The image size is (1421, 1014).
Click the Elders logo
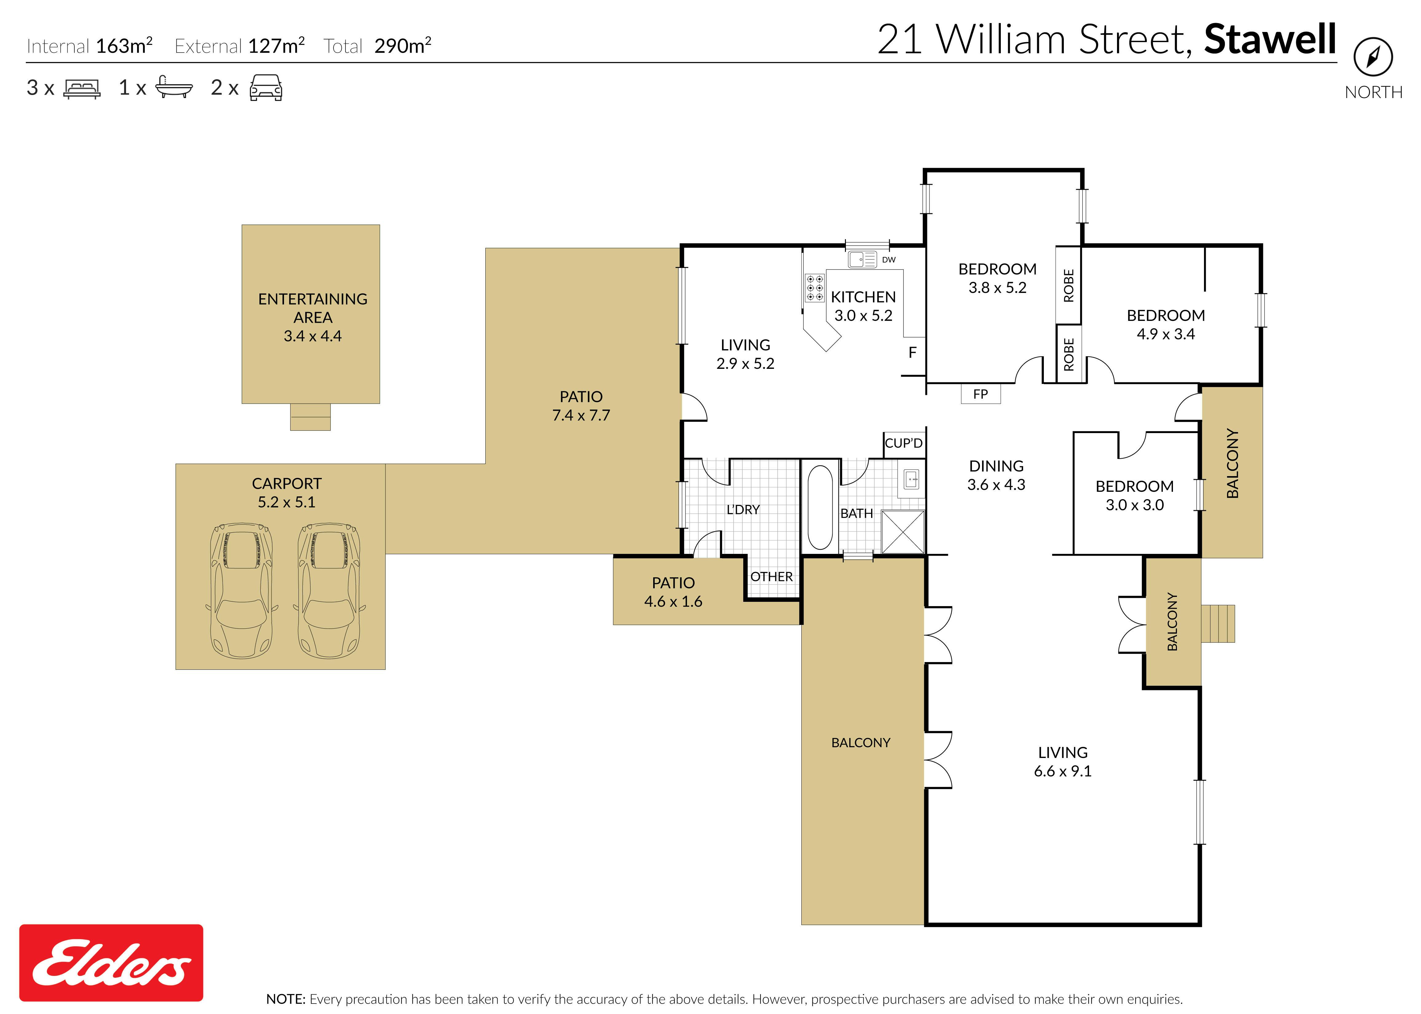[111, 962]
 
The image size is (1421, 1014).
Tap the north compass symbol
[1373, 57]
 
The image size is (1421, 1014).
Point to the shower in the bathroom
[902, 531]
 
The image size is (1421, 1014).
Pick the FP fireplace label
[980, 394]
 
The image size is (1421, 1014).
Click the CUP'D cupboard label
[903, 443]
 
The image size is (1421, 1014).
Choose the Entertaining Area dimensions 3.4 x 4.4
[313, 336]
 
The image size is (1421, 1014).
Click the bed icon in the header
[82, 89]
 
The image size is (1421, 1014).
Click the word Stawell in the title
[1270, 39]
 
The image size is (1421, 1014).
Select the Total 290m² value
[403, 45]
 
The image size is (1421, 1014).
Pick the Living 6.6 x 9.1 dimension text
[1063, 771]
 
